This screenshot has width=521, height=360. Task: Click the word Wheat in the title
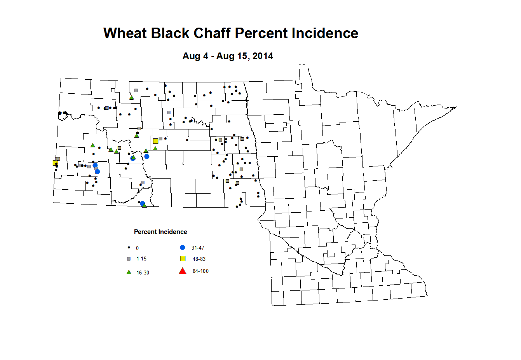click(x=125, y=33)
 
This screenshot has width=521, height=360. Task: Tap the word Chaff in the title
click(x=212, y=33)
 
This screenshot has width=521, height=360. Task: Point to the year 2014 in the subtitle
click(x=263, y=56)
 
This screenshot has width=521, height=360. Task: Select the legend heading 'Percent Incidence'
click(x=160, y=232)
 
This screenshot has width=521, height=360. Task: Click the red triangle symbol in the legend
click(x=182, y=271)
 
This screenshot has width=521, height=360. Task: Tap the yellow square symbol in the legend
click(x=183, y=259)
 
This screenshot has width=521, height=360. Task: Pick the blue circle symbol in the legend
click(x=183, y=247)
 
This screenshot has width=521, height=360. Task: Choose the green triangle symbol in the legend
click(x=129, y=272)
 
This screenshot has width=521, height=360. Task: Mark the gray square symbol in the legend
click(x=129, y=259)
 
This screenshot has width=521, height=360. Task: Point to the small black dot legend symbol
click(x=129, y=248)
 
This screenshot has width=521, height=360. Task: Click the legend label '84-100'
click(x=200, y=271)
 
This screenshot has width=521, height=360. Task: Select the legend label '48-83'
click(x=199, y=259)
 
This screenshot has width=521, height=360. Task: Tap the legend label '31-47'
click(x=198, y=248)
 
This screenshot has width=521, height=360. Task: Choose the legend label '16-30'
click(x=143, y=273)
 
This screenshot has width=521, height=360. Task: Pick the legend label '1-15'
click(x=141, y=259)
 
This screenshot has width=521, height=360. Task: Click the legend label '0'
click(x=137, y=248)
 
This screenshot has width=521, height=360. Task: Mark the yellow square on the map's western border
click(x=55, y=163)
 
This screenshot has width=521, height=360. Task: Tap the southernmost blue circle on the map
click(x=142, y=203)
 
